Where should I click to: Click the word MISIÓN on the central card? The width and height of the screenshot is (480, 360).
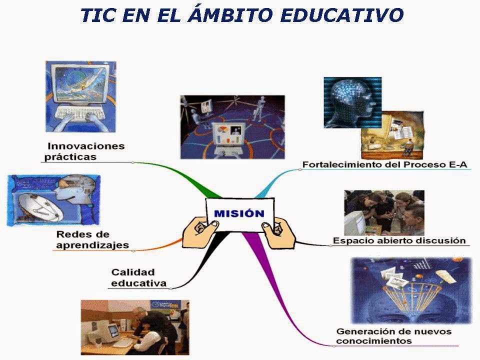click(239, 213)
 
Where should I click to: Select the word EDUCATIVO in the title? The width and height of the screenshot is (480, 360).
click(342, 15)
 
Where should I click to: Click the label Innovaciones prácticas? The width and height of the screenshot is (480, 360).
click(85, 151)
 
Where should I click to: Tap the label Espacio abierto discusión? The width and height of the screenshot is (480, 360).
click(398, 240)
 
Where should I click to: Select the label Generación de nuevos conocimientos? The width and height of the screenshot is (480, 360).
click(393, 336)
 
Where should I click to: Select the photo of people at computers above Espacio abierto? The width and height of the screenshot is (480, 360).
click(383, 212)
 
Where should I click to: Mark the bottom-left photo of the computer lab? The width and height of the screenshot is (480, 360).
click(135, 327)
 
